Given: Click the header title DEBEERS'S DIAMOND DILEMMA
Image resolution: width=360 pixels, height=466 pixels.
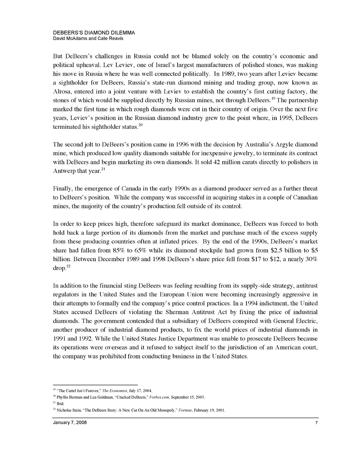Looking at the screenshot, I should tap(94, 33).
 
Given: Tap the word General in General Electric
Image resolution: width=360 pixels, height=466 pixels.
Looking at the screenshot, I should tap(284, 321).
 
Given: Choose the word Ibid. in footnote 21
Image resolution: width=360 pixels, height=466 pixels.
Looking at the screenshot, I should tap(61, 403).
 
